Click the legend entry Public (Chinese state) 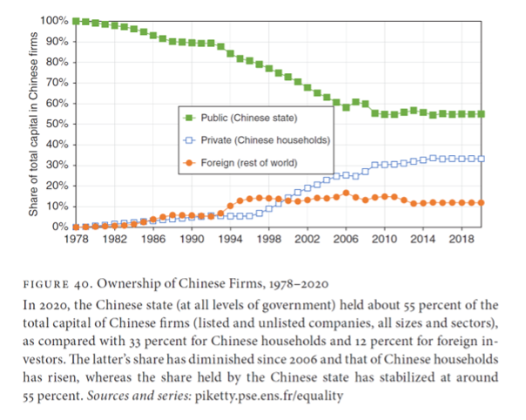pyautogui.click(x=249, y=117)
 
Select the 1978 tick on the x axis pyautogui.click(x=77, y=239)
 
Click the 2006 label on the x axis pyautogui.click(x=346, y=239)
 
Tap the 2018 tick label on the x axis pyautogui.click(x=461, y=239)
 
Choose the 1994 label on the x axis pyautogui.click(x=231, y=239)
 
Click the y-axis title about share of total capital pyautogui.click(x=32, y=123)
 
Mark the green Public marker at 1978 pyautogui.click(x=77, y=20)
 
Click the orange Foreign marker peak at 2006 pyautogui.click(x=346, y=193)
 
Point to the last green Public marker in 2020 pyautogui.click(x=481, y=113)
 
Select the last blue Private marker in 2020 pyautogui.click(x=481, y=159)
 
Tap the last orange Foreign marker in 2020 pyautogui.click(x=481, y=202)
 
